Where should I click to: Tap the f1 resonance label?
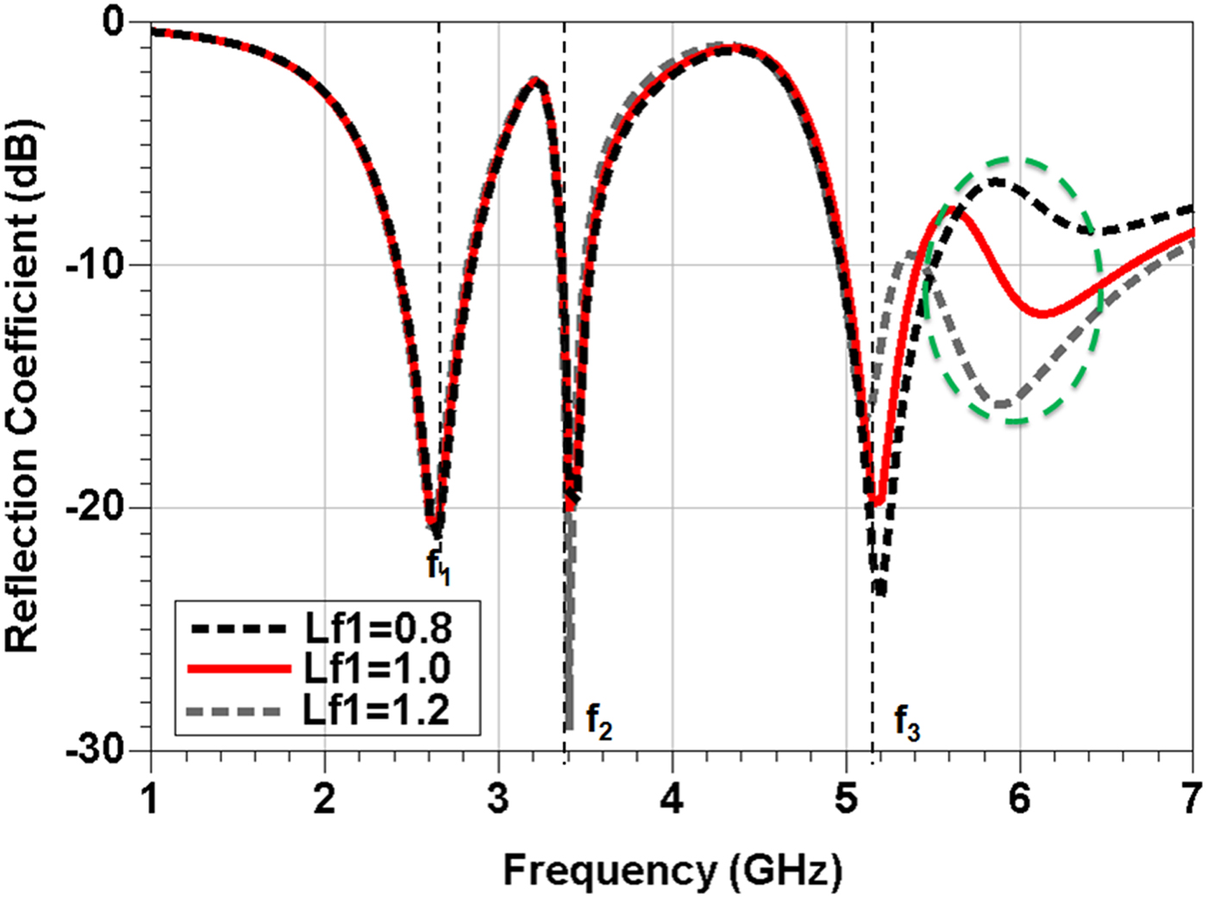tap(438, 567)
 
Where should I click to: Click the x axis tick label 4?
tap(672, 798)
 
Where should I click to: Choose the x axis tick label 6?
tap(1019, 798)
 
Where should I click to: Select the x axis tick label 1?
tap(151, 798)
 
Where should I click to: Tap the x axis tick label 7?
tap(1191, 798)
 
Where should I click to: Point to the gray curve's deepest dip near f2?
tap(569, 726)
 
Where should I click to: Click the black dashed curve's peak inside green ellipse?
tap(996, 181)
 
